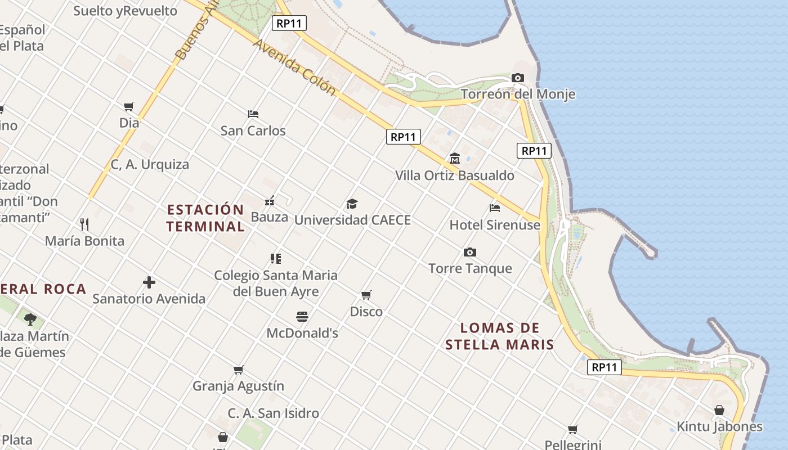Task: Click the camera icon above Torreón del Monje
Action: tap(518, 78)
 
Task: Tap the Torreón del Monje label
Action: tap(518, 94)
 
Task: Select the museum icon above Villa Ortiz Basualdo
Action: tap(454, 159)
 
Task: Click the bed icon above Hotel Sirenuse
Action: tap(495, 208)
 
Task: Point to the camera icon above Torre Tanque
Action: tap(469, 252)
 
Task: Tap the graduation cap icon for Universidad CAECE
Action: tap(352, 204)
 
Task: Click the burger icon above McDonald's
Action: tap(302, 316)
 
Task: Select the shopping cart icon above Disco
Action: tap(366, 295)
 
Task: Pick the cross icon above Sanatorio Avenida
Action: tap(149, 282)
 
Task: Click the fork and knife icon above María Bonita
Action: tap(84, 224)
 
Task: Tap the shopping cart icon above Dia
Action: tap(129, 106)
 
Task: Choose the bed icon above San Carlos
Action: tap(253, 114)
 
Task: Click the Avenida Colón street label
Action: tap(294, 66)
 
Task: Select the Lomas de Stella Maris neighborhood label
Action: tap(500, 336)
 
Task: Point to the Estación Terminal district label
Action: tap(206, 218)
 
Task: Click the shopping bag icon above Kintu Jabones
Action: tap(719, 410)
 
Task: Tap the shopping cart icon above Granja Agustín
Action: tap(239, 370)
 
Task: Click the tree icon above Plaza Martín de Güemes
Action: tap(30, 319)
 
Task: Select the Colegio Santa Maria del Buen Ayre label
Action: tap(276, 283)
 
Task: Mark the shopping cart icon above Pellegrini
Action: tap(573, 430)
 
